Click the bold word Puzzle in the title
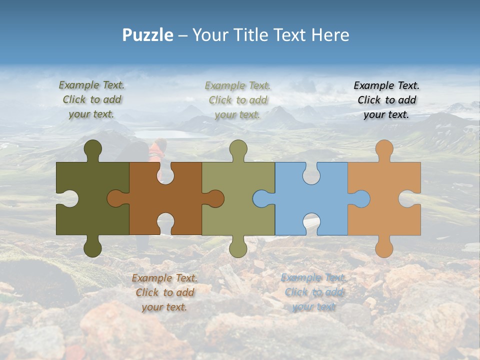point(148,35)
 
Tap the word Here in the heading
point(330,35)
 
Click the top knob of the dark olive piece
point(93,148)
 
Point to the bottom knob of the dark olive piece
point(93,247)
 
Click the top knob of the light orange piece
point(384,148)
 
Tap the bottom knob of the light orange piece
point(384,247)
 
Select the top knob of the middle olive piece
point(238,148)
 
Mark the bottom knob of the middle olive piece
point(238,247)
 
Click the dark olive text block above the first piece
point(91,99)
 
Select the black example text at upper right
point(386,99)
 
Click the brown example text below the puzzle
point(164,292)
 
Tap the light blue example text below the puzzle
point(313,292)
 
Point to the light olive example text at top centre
point(237,99)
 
